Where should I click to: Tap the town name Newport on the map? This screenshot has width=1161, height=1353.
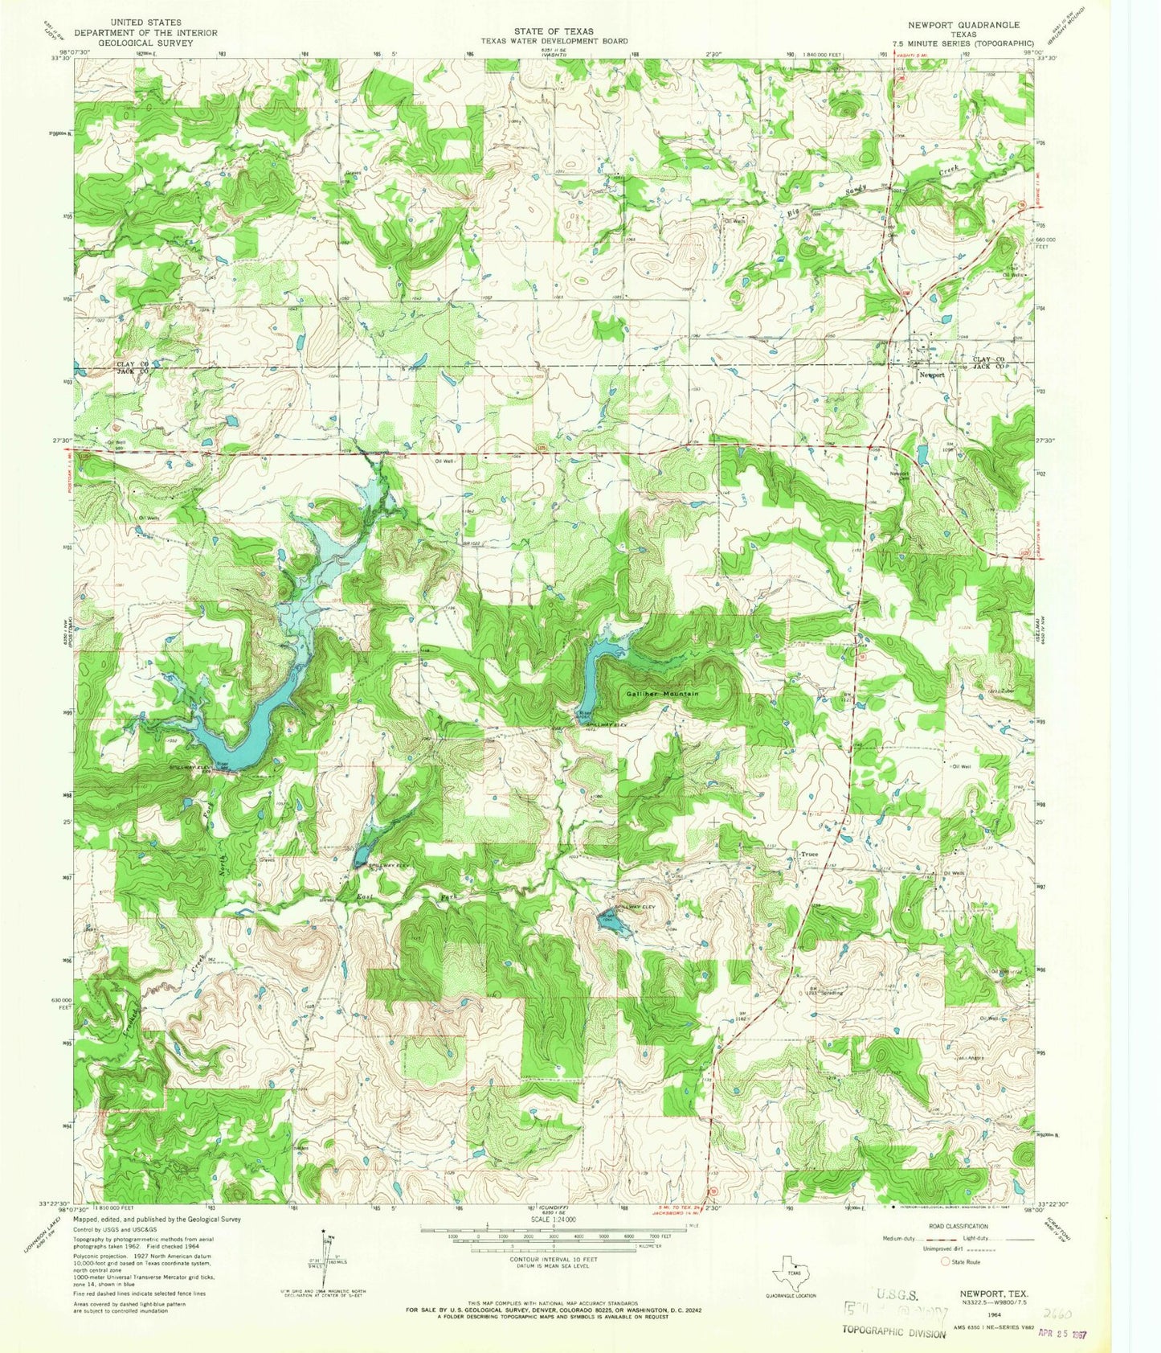[x=932, y=375]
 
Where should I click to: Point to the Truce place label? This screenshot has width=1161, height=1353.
[x=808, y=854]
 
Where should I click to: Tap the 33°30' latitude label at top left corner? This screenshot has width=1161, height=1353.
[x=59, y=58]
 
